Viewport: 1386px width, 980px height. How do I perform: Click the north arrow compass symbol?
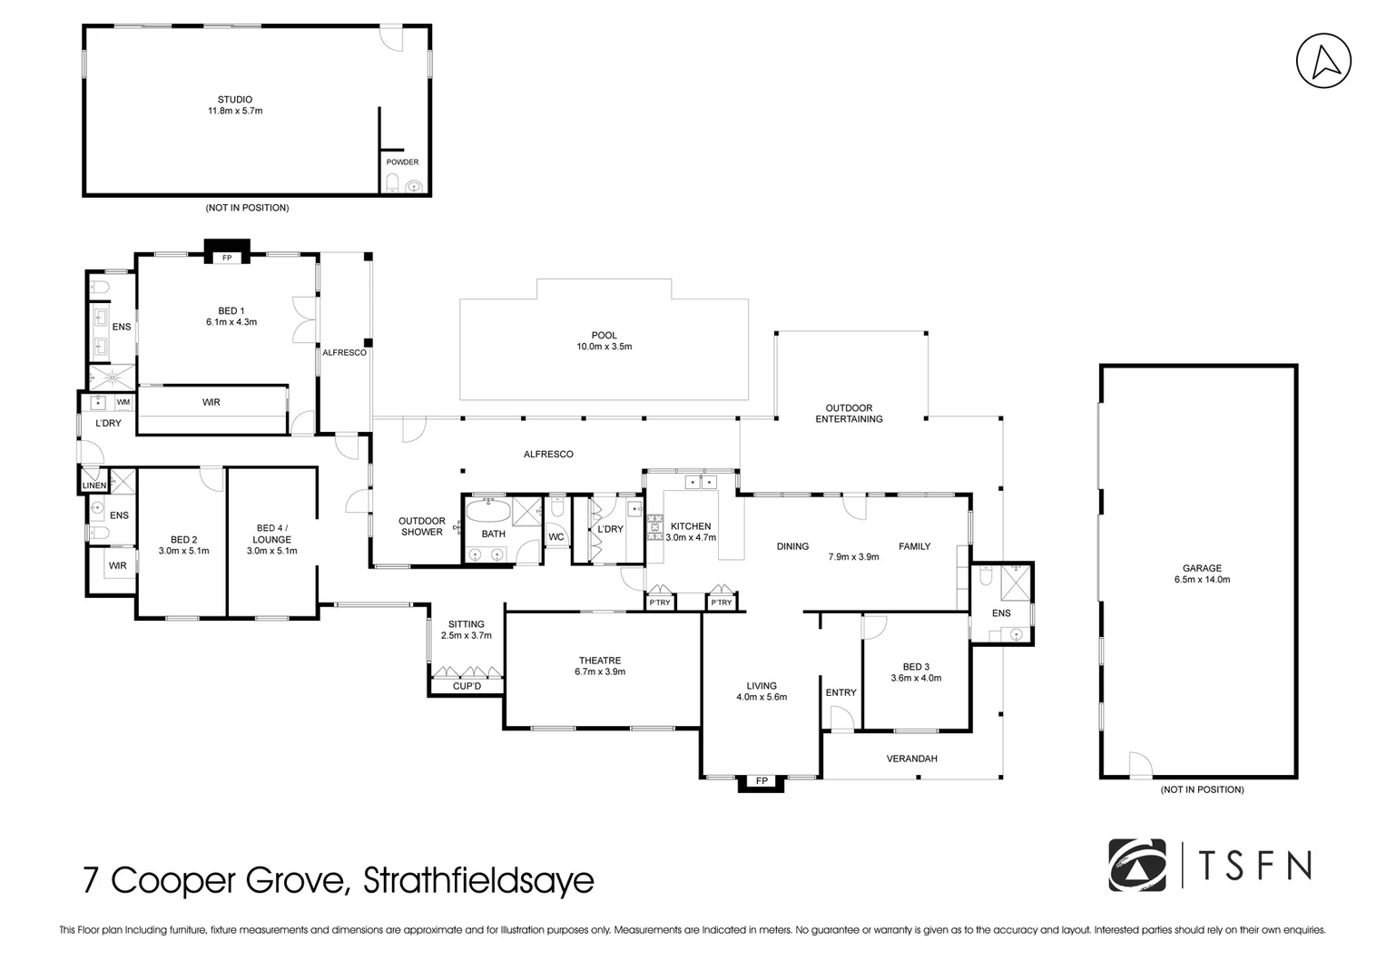[1323, 61]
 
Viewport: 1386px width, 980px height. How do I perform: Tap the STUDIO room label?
[234, 100]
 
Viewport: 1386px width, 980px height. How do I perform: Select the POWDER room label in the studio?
[402, 162]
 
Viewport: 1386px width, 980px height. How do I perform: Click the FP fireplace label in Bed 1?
[227, 258]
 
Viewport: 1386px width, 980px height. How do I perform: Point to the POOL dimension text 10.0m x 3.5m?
[604, 347]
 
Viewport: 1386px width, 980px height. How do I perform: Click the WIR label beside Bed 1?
[211, 402]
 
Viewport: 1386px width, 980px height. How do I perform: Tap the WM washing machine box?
[123, 402]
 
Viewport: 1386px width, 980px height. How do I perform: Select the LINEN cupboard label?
[94, 485]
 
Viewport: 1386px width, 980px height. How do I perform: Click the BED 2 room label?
[183, 540]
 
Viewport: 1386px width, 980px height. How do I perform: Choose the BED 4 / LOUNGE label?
[272, 534]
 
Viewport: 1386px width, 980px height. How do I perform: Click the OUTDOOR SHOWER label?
[422, 526]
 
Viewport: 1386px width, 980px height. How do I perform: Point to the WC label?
[556, 537]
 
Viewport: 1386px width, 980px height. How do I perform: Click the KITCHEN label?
[691, 526]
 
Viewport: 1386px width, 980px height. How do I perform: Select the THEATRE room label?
[599, 661]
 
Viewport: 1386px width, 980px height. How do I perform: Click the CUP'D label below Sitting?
[467, 686]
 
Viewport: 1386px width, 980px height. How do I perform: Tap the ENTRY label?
[840, 692]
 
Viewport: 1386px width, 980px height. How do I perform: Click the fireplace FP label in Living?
[761, 780]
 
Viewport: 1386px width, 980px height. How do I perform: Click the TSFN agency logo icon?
[1137, 866]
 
